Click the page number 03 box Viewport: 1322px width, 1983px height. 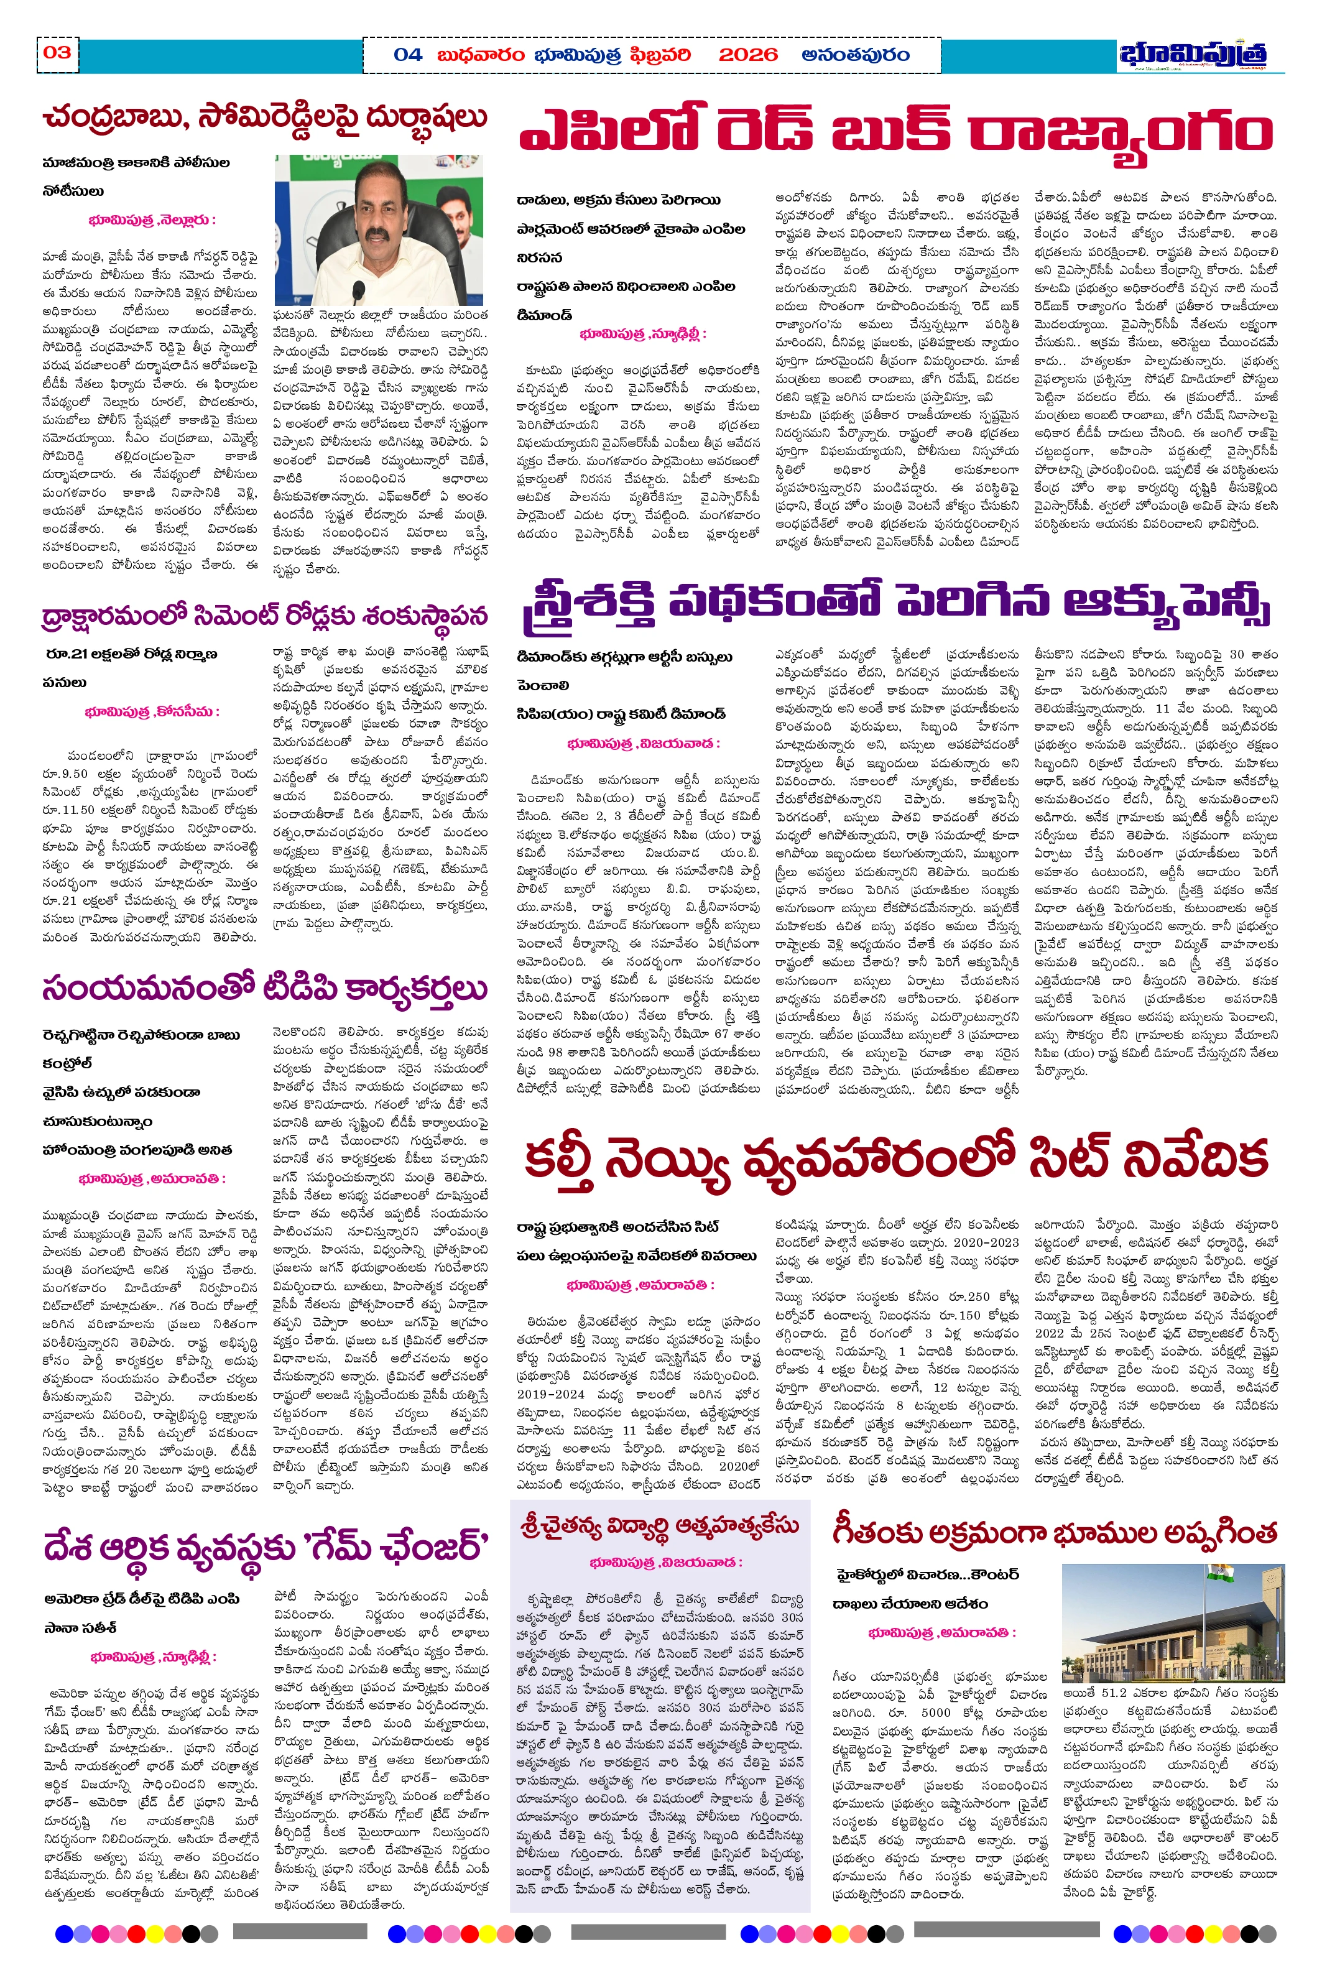[x=57, y=53]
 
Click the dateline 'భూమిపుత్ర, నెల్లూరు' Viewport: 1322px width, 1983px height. [x=152, y=221]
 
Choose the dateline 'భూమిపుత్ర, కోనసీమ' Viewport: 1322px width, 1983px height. [x=152, y=711]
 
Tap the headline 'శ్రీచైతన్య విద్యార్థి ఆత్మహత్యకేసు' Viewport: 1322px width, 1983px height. [x=659, y=1527]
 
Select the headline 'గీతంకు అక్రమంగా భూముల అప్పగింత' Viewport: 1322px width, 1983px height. [x=1054, y=1531]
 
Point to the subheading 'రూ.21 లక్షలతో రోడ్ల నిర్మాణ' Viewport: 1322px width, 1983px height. [x=132, y=654]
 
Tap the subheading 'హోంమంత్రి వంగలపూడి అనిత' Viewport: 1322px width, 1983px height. [x=137, y=1150]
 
